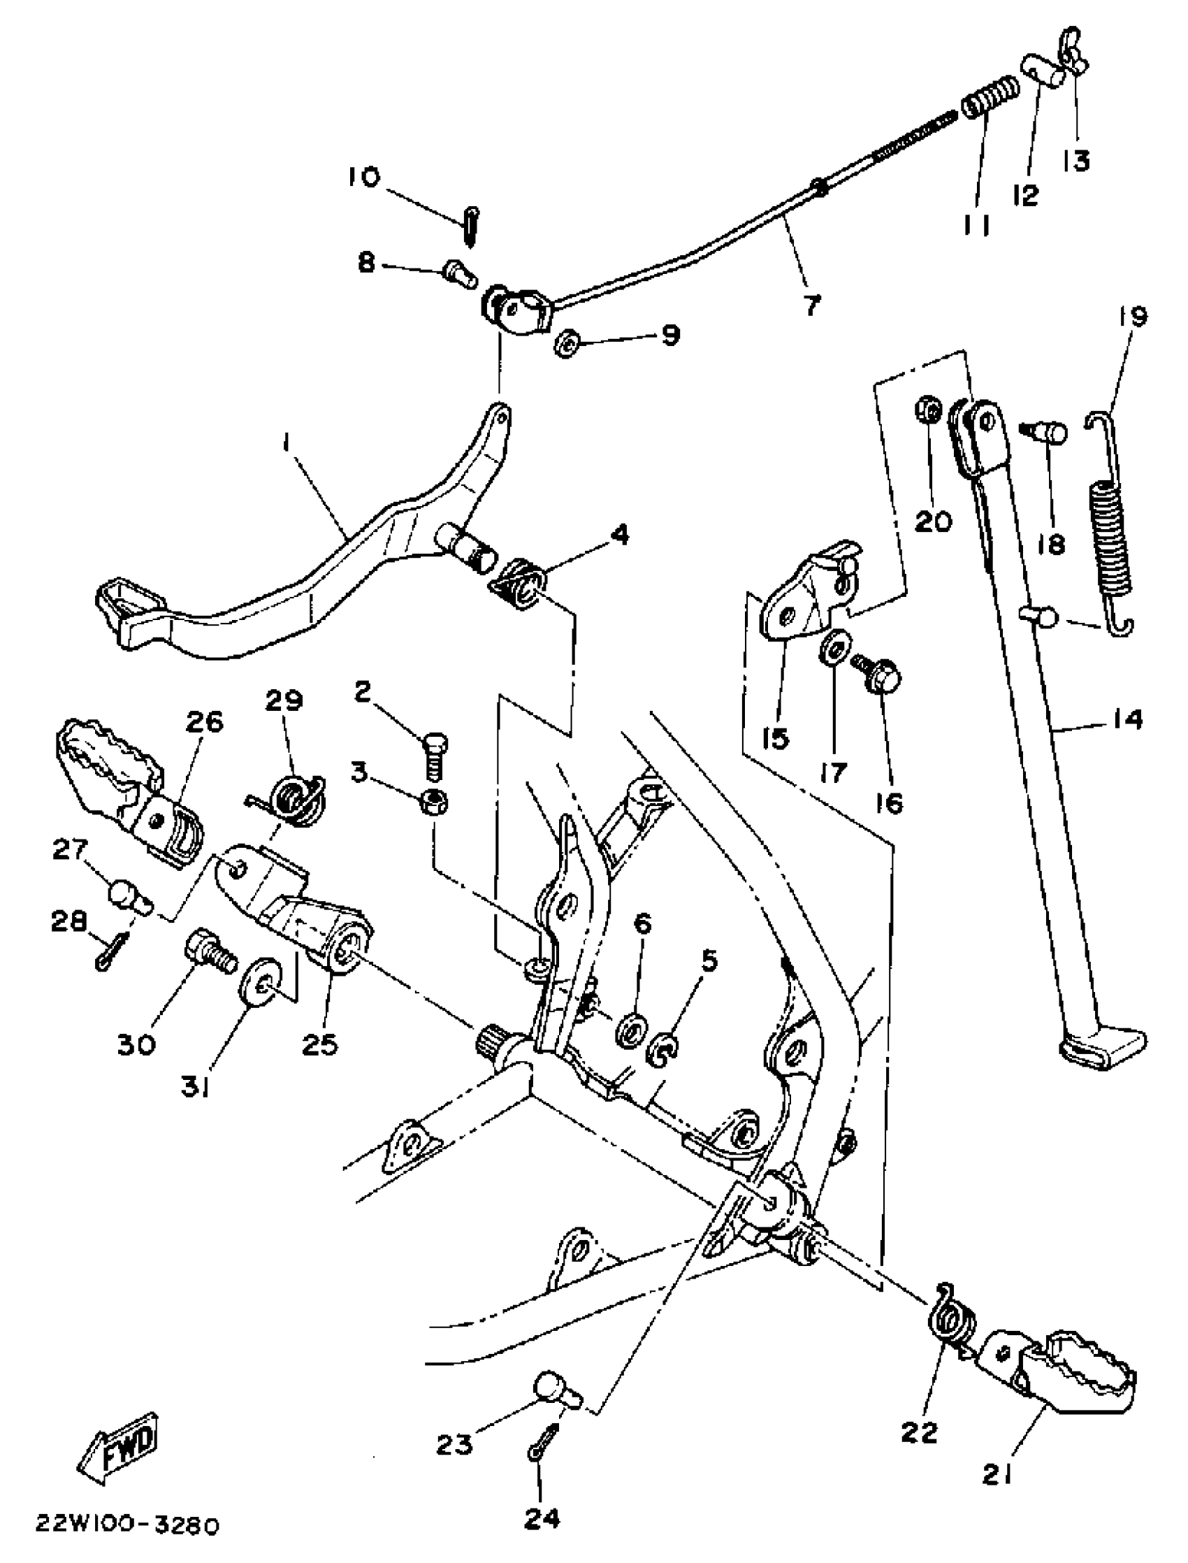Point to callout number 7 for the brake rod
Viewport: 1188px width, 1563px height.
click(812, 305)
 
